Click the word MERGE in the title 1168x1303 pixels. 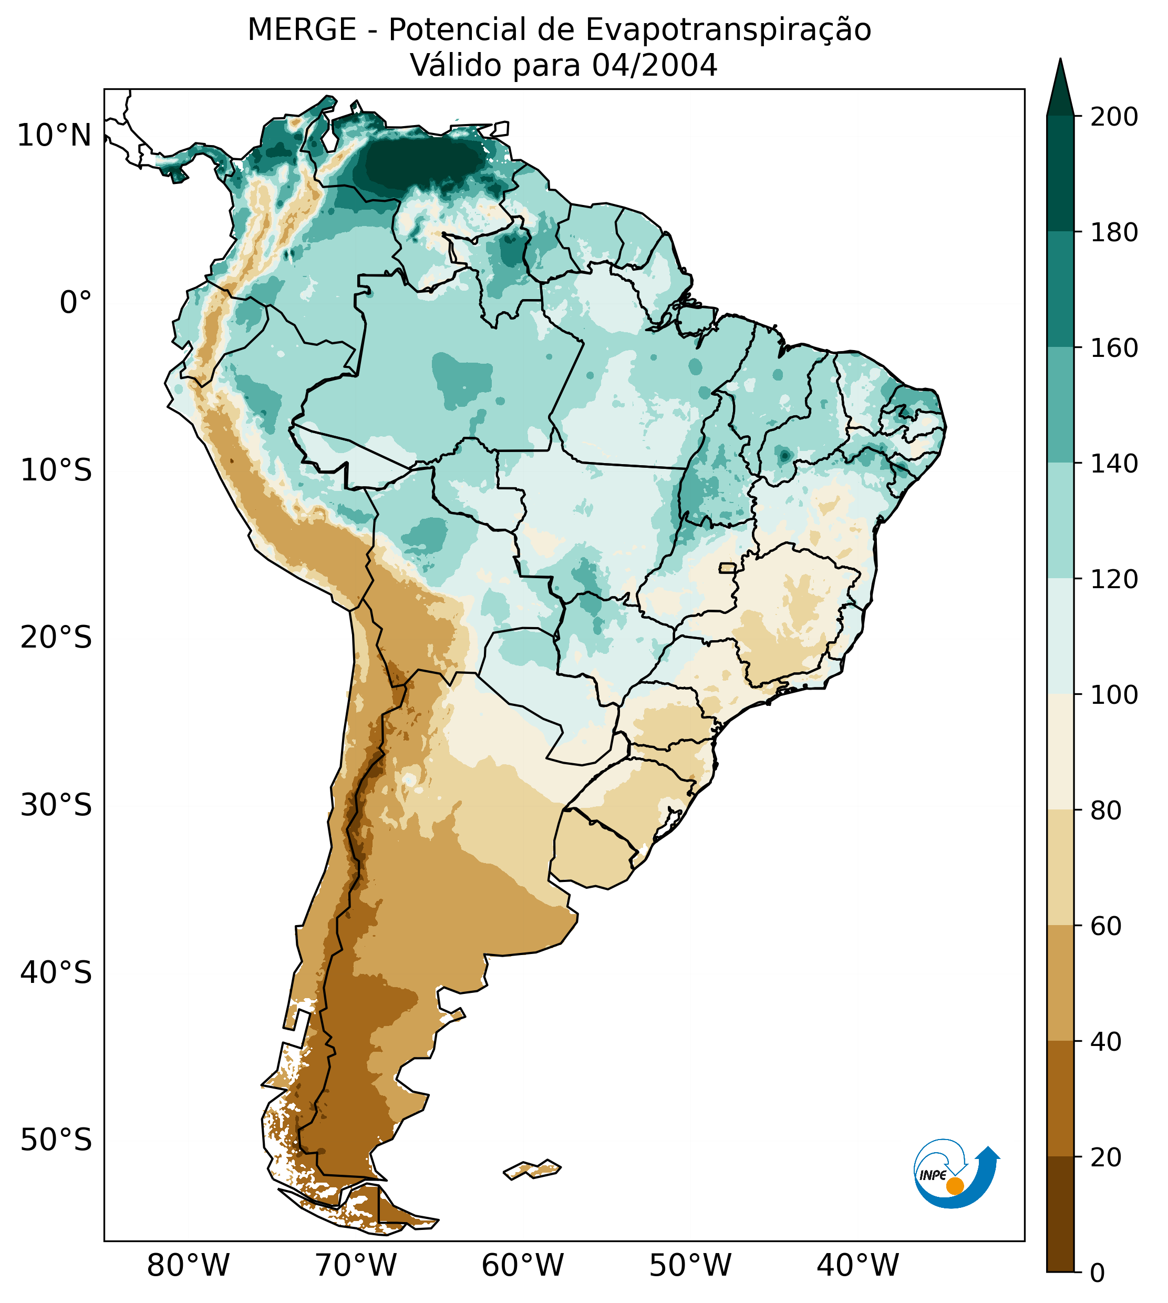(x=302, y=30)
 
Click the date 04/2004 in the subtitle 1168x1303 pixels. (x=654, y=66)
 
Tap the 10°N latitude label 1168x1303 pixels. (x=54, y=136)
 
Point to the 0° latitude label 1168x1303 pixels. (x=75, y=303)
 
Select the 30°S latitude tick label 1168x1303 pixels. (x=56, y=806)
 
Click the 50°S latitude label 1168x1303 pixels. (x=56, y=1141)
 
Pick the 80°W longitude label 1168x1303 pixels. (x=188, y=1266)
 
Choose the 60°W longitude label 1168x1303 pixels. (x=522, y=1266)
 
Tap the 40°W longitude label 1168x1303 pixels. (x=857, y=1266)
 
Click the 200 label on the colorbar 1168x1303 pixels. (x=1114, y=117)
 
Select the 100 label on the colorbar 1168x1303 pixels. (x=1114, y=694)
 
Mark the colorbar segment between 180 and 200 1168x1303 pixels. (x=1060, y=173)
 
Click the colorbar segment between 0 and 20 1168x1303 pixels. (x=1060, y=1214)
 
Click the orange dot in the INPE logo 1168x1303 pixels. (x=955, y=1186)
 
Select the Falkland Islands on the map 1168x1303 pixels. (x=533, y=1169)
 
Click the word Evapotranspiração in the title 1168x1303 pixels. (x=728, y=30)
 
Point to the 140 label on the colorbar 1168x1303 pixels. (x=1114, y=464)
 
